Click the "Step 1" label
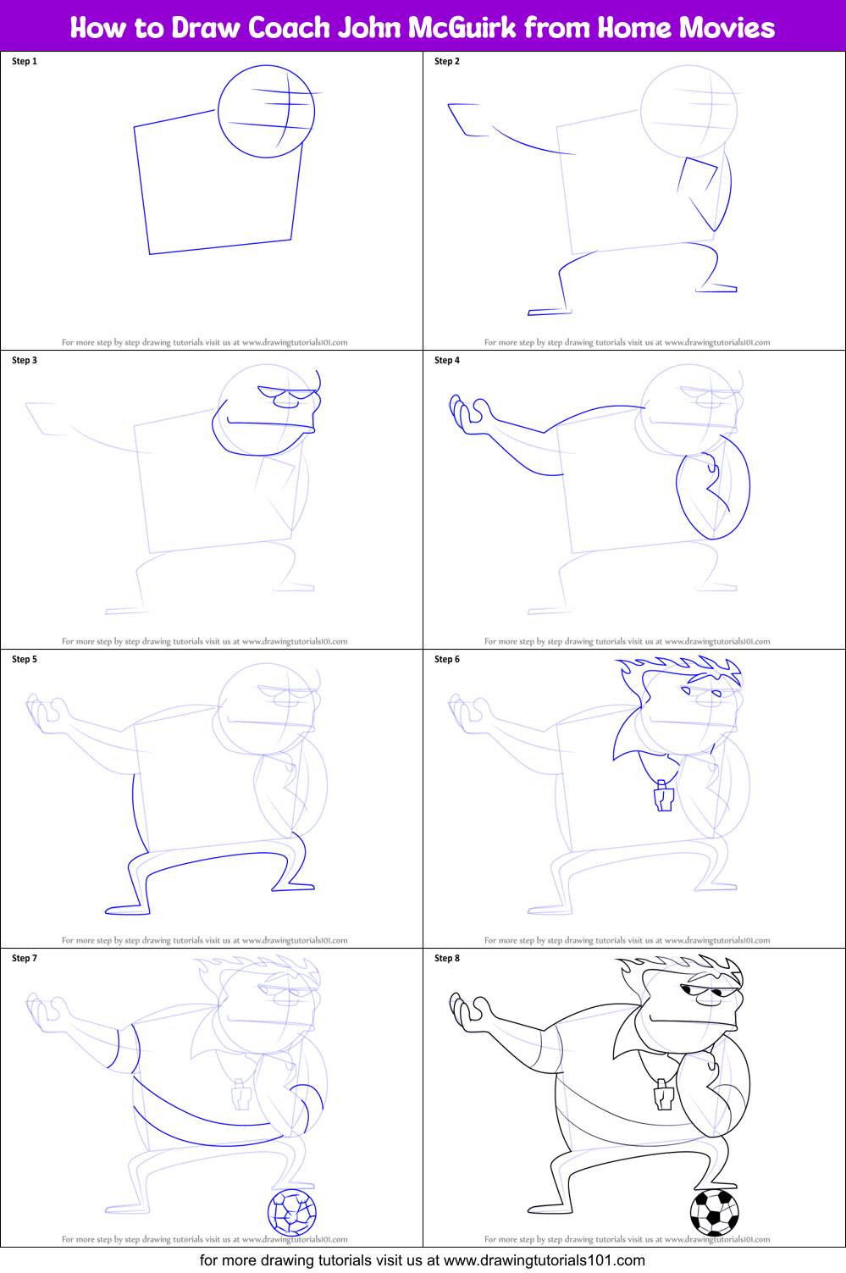[x=25, y=61]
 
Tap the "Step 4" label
[x=447, y=360]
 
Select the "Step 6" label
[x=447, y=659]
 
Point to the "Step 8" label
[x=447, y=958]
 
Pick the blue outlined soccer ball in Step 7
[x=292, y=1212]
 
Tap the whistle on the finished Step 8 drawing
[x=663, y=1095]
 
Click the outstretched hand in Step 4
[x=468, y=413]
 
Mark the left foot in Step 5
[x=127, y=910]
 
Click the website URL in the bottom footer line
[x=545, y=1260]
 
